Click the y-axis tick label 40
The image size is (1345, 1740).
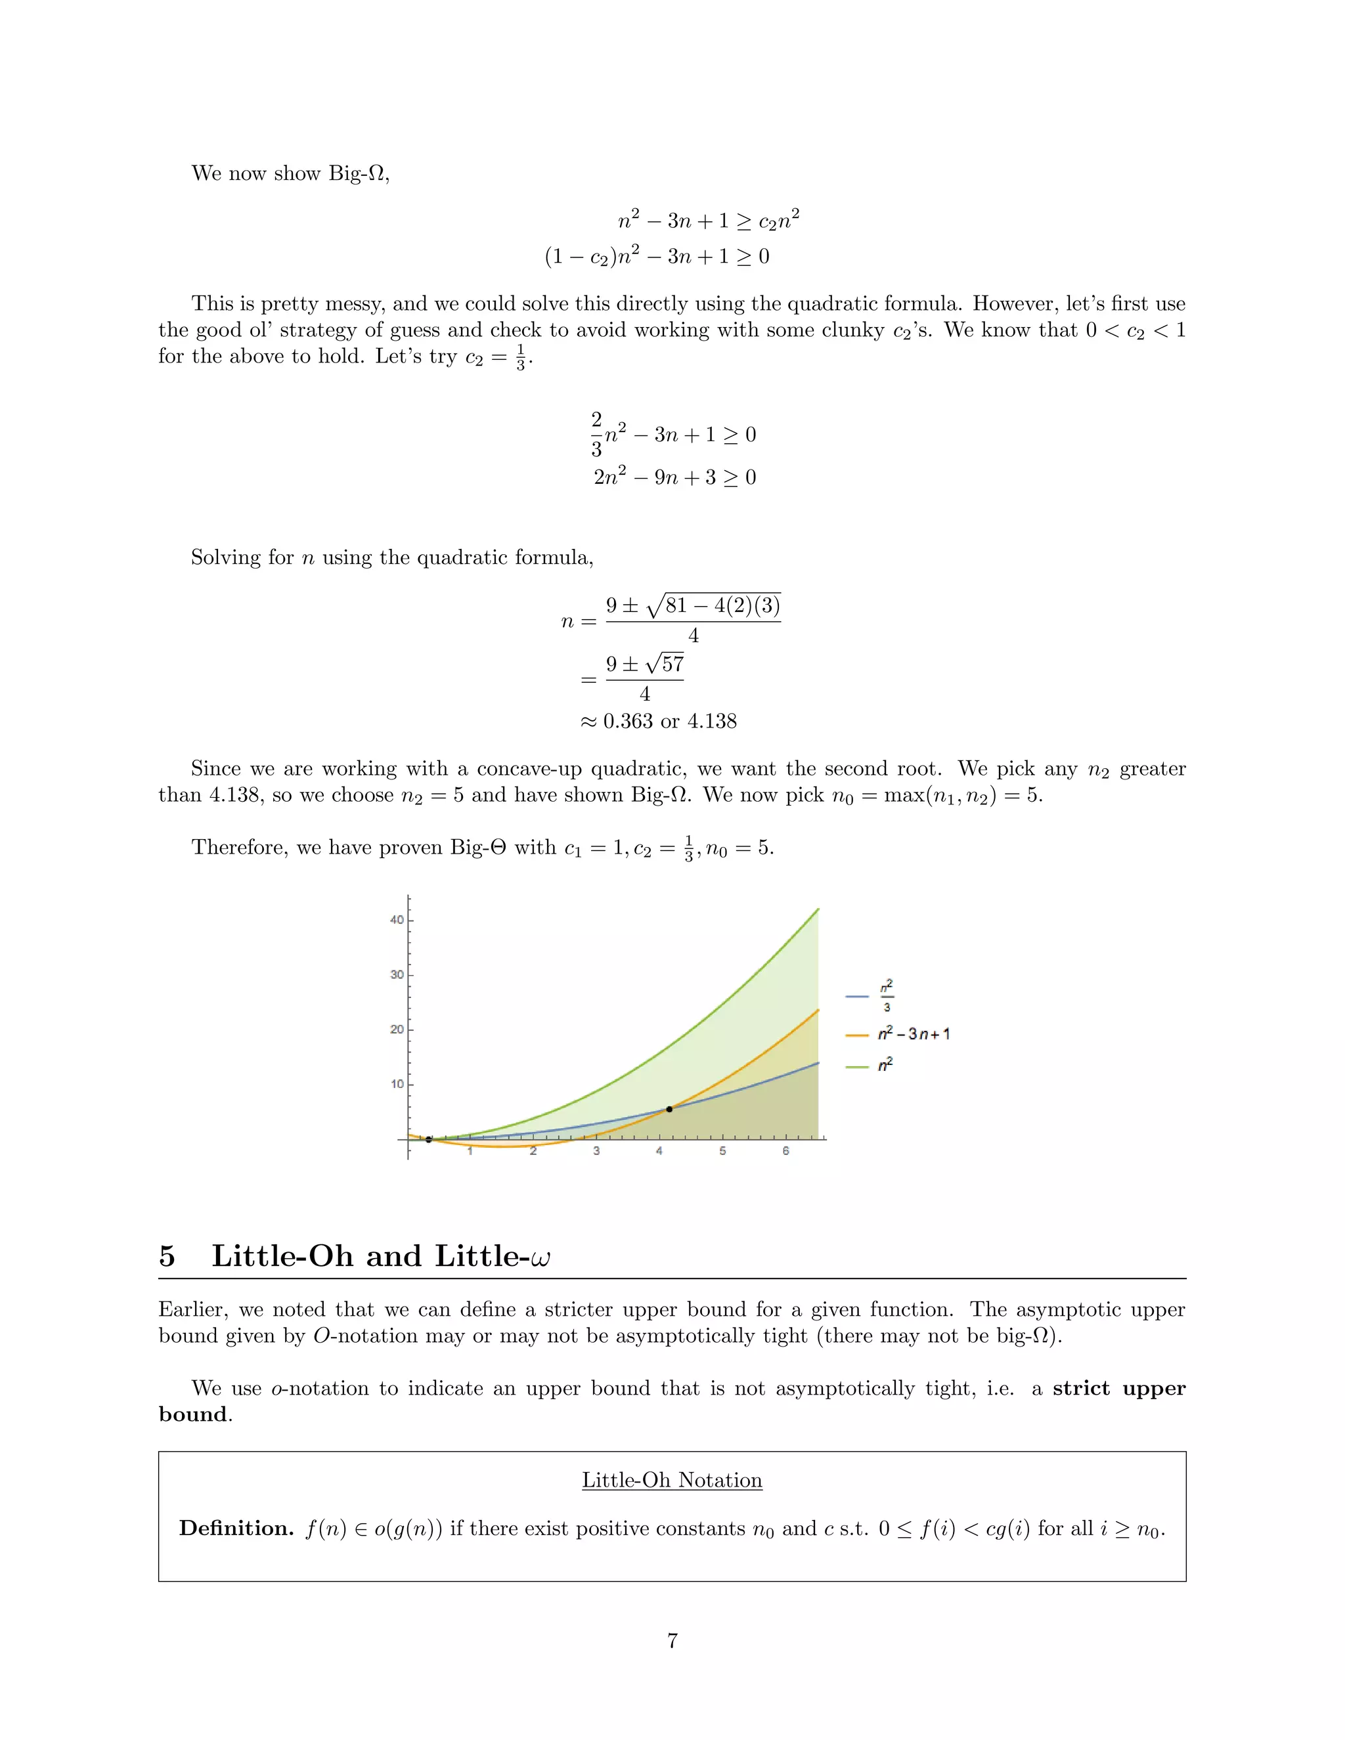[396, 920]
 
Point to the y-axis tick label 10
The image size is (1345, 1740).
[396, 1084]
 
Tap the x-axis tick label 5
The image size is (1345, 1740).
[722, 1151]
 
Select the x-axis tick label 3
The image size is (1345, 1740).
[596, 1151]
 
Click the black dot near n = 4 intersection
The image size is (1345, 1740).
[669, 1109]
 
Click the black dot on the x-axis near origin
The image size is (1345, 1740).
[429, 1140]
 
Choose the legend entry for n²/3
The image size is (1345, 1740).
[886, 996]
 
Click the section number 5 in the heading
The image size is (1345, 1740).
[167, 1256]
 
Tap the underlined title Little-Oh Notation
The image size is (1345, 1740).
[672, 1480]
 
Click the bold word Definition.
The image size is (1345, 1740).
[236, 1528]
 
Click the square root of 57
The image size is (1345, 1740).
[665, 664]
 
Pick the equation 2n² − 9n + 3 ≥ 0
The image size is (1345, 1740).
[674, 477]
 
